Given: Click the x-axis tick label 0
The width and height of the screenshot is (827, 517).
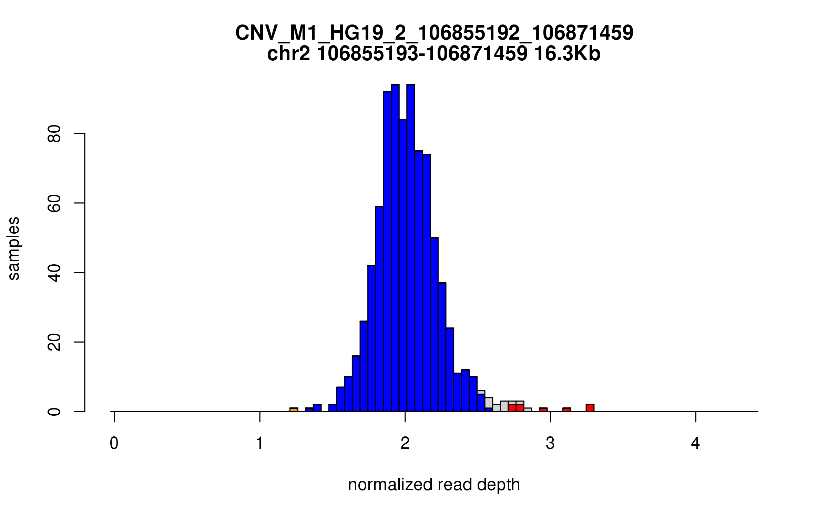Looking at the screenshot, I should point(114,443).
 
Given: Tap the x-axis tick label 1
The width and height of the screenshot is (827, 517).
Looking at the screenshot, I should point(259,443).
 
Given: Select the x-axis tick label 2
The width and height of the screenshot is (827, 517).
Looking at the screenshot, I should point(405,443).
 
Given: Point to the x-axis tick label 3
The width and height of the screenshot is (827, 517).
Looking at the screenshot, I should point(550,443).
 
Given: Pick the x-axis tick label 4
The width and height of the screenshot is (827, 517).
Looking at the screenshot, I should point(695,443).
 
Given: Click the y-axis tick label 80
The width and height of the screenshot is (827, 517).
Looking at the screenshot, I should point(54,133).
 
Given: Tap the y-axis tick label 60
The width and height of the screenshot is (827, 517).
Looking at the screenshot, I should point(54,203).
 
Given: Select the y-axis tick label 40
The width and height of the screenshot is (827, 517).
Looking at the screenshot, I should point(54,273).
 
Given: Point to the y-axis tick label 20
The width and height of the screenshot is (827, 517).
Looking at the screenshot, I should point(54,342).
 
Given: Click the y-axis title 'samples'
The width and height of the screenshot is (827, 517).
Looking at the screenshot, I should point(14,248).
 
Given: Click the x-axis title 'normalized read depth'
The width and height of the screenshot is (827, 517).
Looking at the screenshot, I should point(434,485).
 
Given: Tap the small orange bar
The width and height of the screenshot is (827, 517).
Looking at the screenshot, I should point(294,409).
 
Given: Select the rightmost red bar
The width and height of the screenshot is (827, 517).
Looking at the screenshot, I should point(590,408).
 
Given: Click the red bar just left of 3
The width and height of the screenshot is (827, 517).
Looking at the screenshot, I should point(543,409).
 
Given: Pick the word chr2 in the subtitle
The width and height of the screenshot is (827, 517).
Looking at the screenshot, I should point(288,54).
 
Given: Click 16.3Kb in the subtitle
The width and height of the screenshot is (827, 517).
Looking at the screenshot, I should point(567,54).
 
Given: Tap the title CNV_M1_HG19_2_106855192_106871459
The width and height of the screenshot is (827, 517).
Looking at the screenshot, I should point(434,33).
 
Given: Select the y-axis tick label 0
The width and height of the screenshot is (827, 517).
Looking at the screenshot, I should point(54,412).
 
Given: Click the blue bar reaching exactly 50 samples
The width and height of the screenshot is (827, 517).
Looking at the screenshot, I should point(435,324).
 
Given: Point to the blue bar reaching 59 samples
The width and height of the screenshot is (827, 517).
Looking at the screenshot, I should point(379,308).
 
